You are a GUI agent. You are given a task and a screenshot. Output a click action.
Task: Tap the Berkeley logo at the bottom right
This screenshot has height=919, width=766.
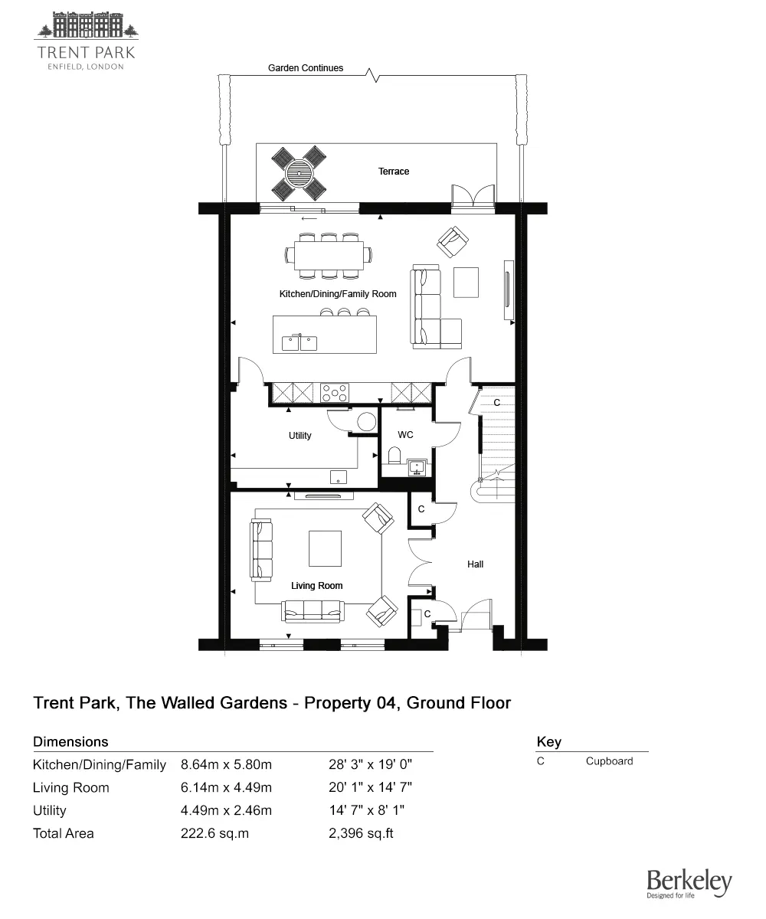689,885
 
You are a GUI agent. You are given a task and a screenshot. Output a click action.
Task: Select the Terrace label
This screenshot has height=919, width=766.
394,172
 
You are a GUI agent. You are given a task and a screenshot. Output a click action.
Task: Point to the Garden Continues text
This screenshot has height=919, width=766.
305,68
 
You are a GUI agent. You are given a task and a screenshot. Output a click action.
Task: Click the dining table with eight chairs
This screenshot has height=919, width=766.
329,255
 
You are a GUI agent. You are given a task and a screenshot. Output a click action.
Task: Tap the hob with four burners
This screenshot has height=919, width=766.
335,393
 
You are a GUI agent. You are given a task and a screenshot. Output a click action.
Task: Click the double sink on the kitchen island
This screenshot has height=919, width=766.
300,342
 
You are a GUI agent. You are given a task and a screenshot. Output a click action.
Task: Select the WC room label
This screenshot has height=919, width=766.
405,435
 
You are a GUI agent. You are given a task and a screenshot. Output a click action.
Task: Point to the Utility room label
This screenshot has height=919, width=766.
300,436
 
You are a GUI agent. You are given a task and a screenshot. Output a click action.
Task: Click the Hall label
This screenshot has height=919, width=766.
475,564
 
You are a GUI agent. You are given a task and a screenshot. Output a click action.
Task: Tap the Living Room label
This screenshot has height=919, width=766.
316,586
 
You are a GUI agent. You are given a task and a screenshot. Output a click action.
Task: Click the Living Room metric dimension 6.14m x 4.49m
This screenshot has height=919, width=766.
226,787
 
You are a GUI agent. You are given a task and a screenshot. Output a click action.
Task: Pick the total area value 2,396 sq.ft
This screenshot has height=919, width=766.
361,833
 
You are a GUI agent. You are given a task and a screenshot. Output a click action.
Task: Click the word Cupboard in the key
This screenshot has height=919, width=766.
609,761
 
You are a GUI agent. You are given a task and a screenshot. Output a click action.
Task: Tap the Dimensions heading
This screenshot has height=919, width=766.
70,741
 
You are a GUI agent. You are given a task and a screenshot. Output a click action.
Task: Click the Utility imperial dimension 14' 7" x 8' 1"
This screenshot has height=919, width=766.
371,810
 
